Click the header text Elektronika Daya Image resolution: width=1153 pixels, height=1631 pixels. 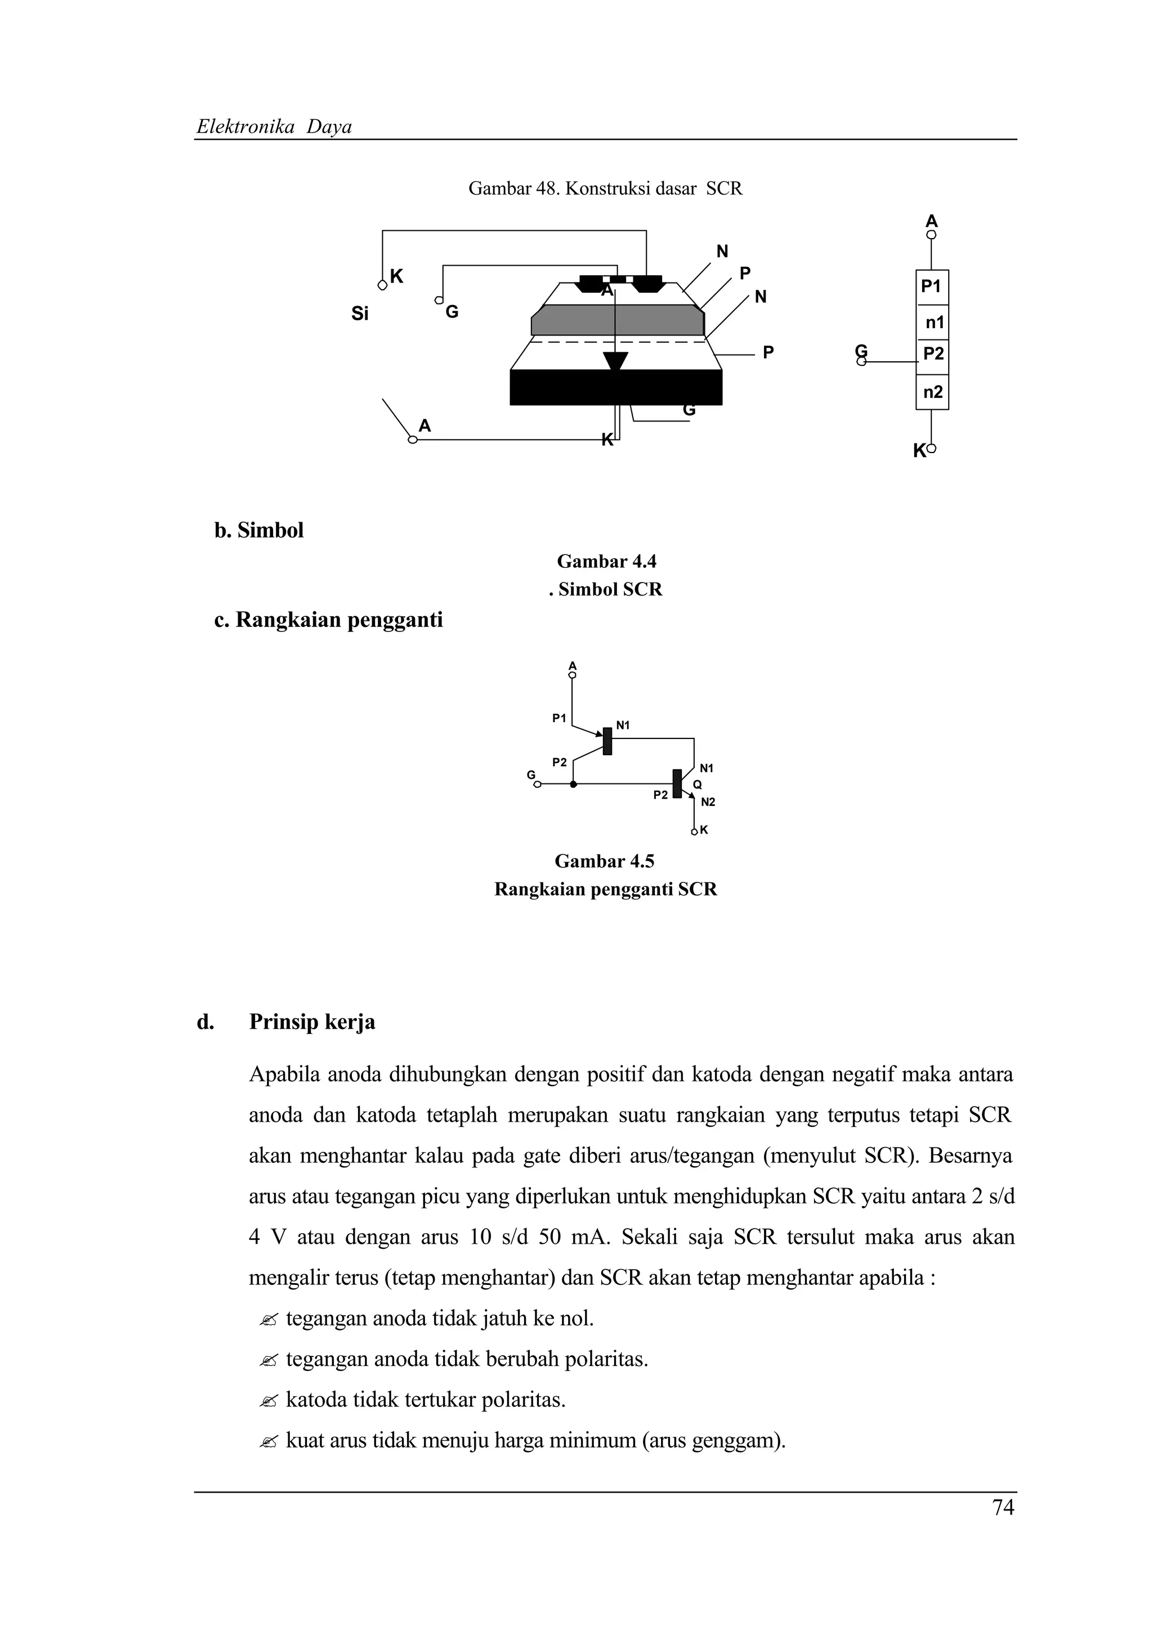click(274, 127)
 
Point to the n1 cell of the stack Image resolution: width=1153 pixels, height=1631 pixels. click(933, 323)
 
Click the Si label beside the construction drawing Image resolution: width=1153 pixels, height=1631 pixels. click(360, 314)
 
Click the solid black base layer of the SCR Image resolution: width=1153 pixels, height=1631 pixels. click(615, 388)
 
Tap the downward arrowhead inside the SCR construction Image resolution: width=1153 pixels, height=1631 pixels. click(615, 361)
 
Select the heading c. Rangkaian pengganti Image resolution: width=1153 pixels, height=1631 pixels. click(328, 620)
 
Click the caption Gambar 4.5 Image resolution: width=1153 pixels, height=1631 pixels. click(604, 862)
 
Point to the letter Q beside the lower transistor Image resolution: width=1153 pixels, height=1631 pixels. click(697, 784)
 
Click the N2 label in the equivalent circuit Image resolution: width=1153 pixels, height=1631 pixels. click(708, 802)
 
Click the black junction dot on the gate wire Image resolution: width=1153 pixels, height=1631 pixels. click(573, 784)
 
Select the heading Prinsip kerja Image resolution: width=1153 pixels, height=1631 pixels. click(312, 1022)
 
